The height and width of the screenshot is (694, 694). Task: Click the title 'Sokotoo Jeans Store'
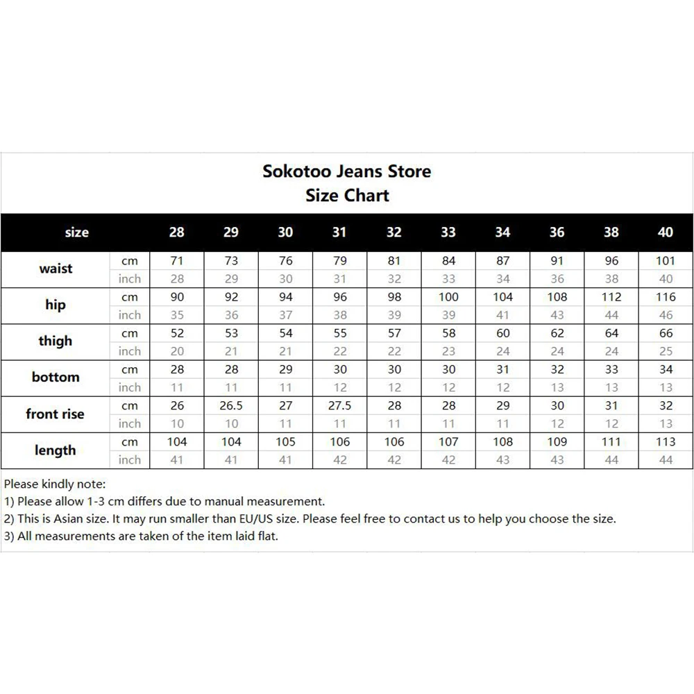(346, 171)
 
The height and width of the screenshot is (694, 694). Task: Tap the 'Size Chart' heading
(347, 196)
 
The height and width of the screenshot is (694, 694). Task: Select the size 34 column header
(502, 232)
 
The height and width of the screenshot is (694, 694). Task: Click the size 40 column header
(665, 232)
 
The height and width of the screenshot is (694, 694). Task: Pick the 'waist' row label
(56, 269)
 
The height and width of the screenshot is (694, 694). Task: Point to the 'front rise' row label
(55, 414)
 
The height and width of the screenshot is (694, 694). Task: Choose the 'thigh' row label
(56, 341)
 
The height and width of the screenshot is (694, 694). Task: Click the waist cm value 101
(665, 261)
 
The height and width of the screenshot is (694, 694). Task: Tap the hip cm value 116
(665, 297)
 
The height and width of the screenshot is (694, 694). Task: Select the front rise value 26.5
(231, 406)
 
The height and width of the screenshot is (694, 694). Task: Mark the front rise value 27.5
(339, 406)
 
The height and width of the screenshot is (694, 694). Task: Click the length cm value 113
(665, 442)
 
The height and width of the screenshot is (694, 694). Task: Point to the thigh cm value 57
(394, 333)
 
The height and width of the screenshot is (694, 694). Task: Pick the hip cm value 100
(448, 297)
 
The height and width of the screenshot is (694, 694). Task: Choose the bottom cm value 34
(665, 369)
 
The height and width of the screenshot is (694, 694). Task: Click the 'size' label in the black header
(76, 232)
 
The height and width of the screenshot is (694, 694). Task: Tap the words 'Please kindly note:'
(55, 484)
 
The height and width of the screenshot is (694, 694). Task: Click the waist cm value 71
(177, 261)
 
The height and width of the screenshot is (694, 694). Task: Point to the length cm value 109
(557, 442)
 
